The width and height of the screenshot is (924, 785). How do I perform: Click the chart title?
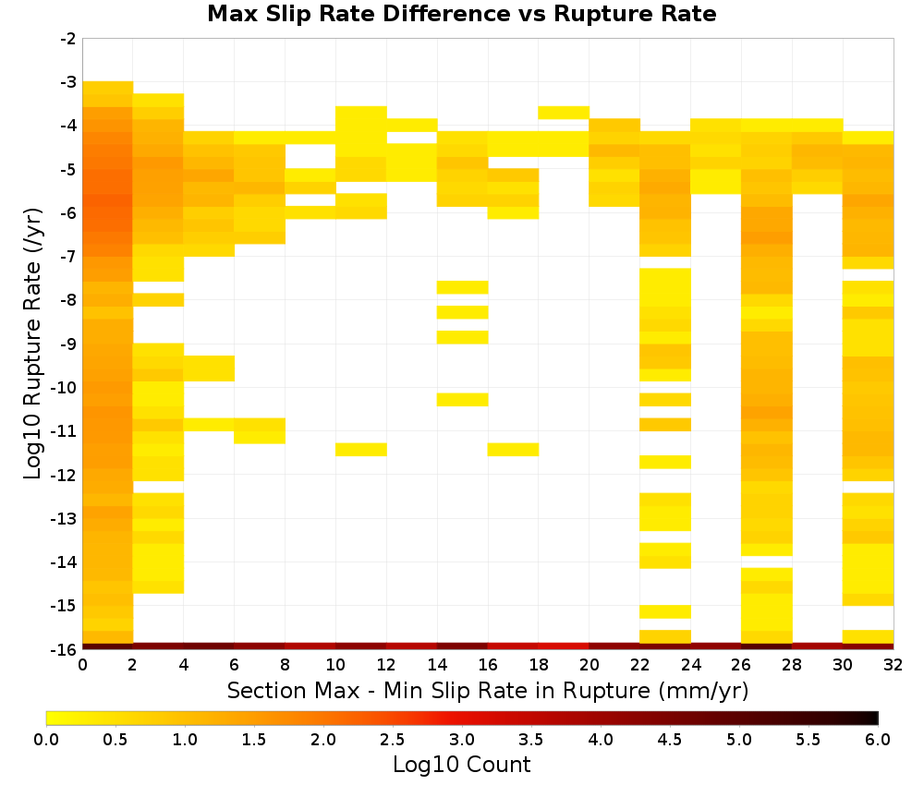tap(461, 13)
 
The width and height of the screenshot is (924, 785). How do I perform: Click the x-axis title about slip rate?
tap(487, 690)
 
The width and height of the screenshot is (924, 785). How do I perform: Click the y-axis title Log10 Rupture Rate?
tap(33, 344)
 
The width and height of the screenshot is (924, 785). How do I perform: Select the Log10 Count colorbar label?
tap(461, 765)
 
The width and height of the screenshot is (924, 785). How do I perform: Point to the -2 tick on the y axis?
tap(68, 39)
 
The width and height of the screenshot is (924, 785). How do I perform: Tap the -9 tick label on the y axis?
tap(68, 344)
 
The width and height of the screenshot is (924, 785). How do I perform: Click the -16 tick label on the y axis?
tap(65, 649)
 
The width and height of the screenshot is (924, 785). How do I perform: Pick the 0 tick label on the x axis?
tap(82, 665)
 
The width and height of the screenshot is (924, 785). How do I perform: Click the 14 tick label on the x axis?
tap(437, 665)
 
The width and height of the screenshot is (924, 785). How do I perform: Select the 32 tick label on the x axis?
tap(893, 665)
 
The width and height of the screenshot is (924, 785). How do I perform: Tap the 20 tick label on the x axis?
tap(589, 665)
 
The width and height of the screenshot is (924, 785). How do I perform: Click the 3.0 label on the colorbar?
tap(462, 740)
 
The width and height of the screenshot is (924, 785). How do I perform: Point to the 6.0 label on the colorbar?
tap(878, 740)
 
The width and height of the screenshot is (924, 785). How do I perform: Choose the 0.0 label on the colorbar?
tap(46, 740)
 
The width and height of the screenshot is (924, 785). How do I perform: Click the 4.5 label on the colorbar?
tap(669, 740)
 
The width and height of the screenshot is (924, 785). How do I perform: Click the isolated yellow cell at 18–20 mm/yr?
tap(564, 113)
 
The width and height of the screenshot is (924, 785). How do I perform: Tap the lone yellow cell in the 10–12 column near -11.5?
tap(360, 450)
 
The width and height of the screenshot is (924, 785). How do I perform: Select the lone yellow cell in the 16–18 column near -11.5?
tap(513, 450)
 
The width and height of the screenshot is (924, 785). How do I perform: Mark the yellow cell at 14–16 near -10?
tap(462, 399)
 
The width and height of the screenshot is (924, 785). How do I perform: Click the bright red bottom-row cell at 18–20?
tap(564, 646)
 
